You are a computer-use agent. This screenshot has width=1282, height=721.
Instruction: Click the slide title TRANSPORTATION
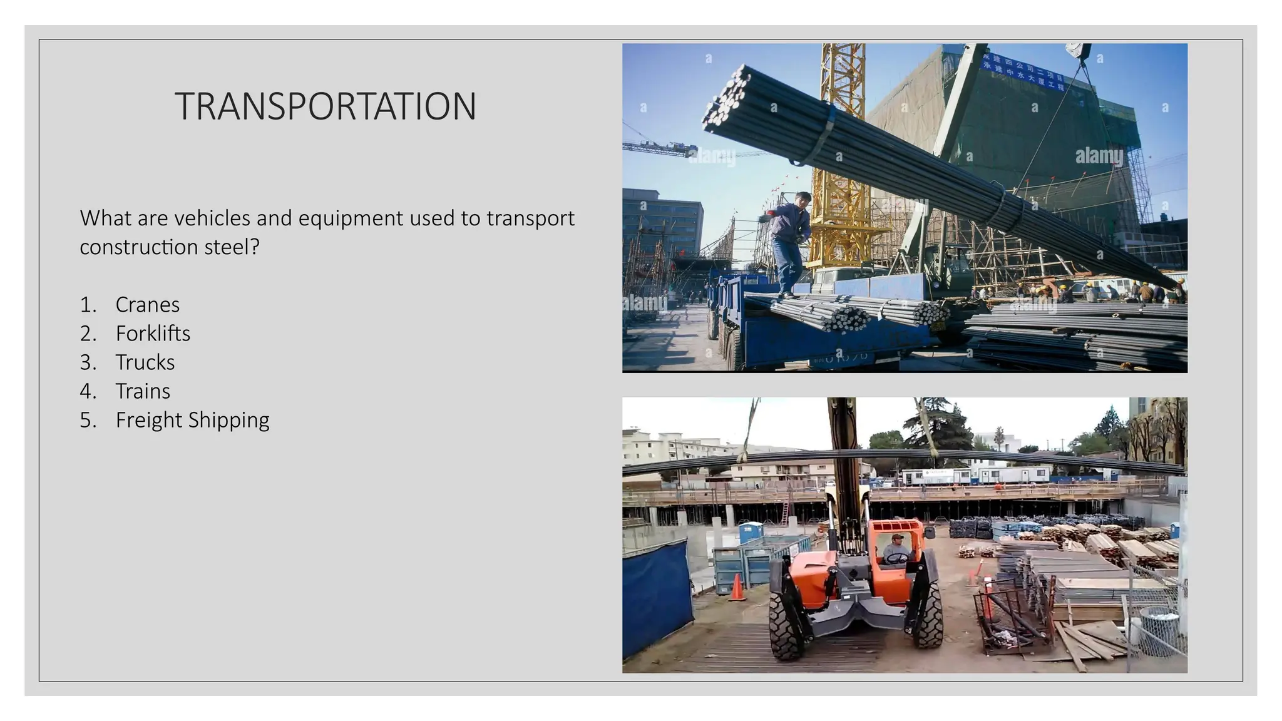click(326, 106)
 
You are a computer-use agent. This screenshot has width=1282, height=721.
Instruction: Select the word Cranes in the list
click(147, 305)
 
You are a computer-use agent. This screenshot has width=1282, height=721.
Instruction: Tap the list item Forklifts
click(153, 334)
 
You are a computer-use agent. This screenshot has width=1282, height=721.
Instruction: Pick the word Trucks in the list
click(145, 362)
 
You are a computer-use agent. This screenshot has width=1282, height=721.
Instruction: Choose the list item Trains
click(143, 391)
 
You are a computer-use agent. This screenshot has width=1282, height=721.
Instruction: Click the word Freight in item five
click(148, 420)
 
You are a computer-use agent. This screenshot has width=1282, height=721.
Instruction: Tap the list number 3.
click(88, 362)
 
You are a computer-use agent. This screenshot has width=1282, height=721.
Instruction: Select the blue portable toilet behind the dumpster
click(751, 533)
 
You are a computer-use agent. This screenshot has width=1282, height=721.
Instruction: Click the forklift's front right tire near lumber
click(927, 616)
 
